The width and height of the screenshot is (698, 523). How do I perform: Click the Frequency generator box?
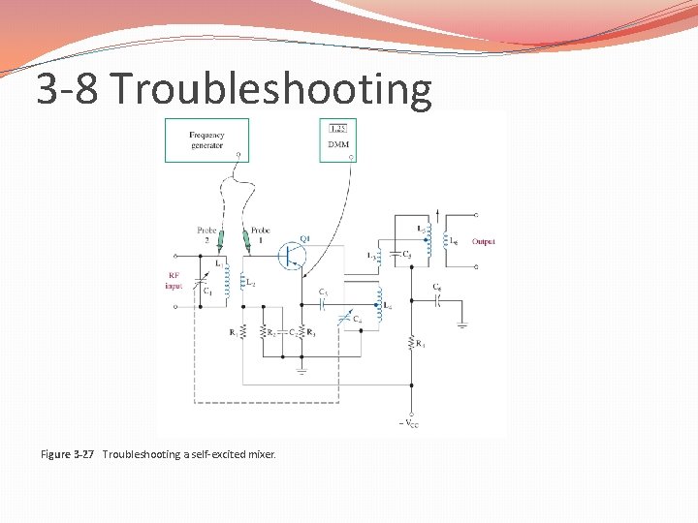pyautogui.click(x=206, y=139)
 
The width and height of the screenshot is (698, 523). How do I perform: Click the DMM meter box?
pyautogui.click(x=337, y=139)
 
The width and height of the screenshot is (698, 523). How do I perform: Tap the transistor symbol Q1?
pyautogui.click(x=291, y=255)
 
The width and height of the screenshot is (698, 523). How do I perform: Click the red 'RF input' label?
pyautogui.click(x=174, y=280)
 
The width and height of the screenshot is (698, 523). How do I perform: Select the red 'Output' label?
pyautogui.click(x=483, y=241)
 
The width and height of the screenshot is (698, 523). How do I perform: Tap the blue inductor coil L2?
pyautogui.click(x=229, y=281)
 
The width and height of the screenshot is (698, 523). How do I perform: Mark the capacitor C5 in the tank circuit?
pyautogui.click(x=397, y=255)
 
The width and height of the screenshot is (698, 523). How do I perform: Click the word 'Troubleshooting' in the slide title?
pyautogui.click(x=271, y=89)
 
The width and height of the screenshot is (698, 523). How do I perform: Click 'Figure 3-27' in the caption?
pyautogui.click(x=67, y=454)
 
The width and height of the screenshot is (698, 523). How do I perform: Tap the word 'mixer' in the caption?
pyautogui.click(x=262, y=454)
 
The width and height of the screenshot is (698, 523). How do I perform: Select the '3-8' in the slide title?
pyautogui.click(x=68, y=89)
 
